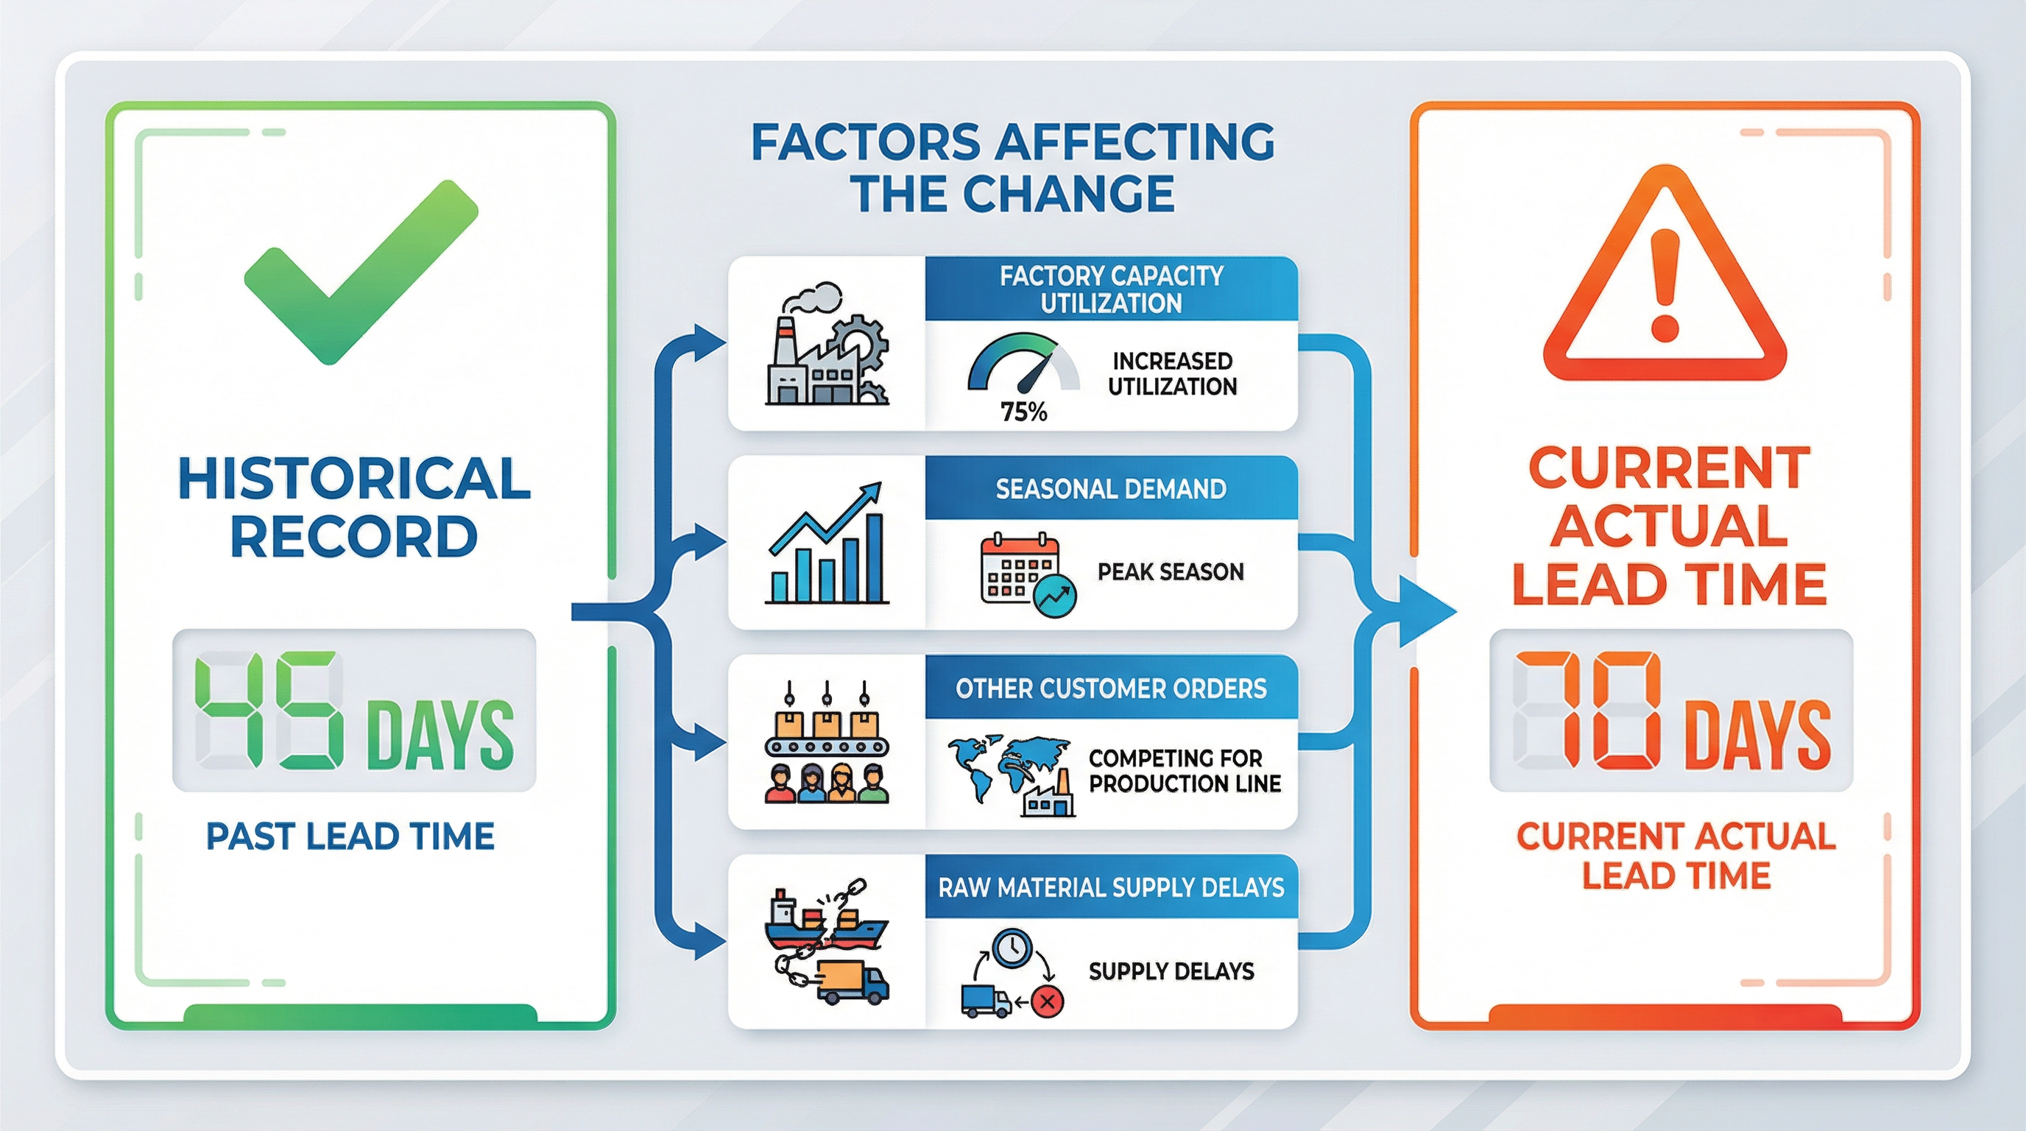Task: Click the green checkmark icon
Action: [361, 272]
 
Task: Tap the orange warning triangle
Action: [1665, 274]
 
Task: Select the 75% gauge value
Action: [1023, 412]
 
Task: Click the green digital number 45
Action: [269, 711]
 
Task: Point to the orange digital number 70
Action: [1589, 711]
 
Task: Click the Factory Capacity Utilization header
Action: [1112, 289]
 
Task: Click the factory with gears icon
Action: [827, 344]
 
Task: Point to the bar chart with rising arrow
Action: [827, 543]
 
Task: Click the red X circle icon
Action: [1046, 1001]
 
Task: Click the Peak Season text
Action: [1171, 572]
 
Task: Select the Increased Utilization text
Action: [1172, 373]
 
